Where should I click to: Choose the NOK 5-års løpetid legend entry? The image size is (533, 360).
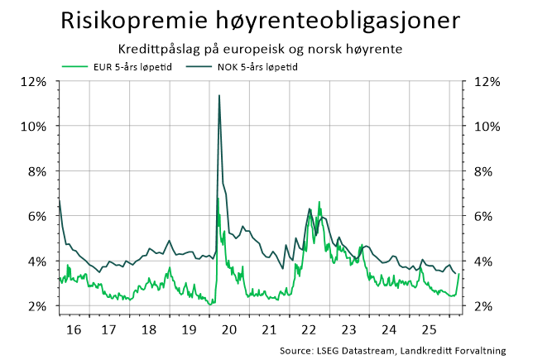pos(252,66)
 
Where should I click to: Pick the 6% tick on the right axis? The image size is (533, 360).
pos(487,216)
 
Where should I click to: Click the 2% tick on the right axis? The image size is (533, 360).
pos(487,306)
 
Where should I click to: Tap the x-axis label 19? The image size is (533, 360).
pos(188,329)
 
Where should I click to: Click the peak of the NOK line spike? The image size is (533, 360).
pos(218,96)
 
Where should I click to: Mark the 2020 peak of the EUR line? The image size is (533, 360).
pos(217,198)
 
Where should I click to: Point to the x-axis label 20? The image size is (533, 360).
pos(228,329)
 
